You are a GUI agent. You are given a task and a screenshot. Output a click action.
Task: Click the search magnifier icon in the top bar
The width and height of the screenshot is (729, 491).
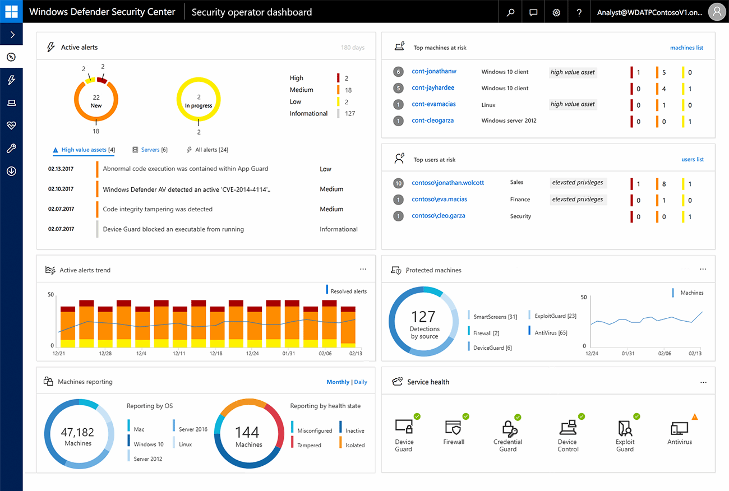(x=510, y=12)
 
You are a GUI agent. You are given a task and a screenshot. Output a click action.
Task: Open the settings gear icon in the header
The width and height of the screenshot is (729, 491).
(x=556, y=12)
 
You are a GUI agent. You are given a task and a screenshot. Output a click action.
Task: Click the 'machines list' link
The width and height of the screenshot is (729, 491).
(x=686, y=48)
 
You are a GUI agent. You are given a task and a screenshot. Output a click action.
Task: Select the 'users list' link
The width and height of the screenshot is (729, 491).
(x=692, y=159)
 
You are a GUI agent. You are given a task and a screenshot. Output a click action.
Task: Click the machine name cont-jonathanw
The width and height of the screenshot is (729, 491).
(x=433, y=72)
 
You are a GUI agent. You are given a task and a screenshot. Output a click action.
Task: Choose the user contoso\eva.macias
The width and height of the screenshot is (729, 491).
(x=439, y=200)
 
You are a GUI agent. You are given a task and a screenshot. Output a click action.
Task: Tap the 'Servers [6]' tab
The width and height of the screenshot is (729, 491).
(x=154, y=150)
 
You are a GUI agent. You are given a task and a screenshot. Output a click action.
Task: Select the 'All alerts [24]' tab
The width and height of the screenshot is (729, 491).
(x=211, y=150)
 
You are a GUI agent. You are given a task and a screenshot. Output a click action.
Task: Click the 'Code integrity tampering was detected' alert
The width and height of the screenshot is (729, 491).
(x=158, y=209)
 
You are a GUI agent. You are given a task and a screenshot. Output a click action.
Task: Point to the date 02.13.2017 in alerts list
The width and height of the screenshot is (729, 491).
(x=61, y=169)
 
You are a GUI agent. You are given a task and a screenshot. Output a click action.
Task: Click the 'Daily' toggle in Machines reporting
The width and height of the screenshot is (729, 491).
(x=361, y=382)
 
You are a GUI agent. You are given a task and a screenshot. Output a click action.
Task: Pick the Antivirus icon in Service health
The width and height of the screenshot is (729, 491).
(x=680, y=430)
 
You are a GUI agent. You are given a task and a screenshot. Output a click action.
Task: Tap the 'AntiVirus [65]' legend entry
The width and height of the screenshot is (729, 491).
(x=550, y=332)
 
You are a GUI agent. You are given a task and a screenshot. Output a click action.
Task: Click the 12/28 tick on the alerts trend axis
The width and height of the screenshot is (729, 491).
(x=104, y=354)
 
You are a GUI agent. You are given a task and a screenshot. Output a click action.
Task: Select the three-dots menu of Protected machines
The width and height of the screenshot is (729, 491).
(x=703, y=270)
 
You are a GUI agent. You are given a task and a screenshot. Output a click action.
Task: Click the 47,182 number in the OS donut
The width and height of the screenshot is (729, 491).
(x=78, y=432)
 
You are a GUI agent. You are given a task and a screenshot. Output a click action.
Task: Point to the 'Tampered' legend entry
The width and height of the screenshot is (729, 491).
(x=309, y=445)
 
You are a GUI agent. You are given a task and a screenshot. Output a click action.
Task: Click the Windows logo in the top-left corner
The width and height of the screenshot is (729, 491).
(x=11, y=11)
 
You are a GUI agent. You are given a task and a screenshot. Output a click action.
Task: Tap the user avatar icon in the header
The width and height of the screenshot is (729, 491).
(x=716, y=12)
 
